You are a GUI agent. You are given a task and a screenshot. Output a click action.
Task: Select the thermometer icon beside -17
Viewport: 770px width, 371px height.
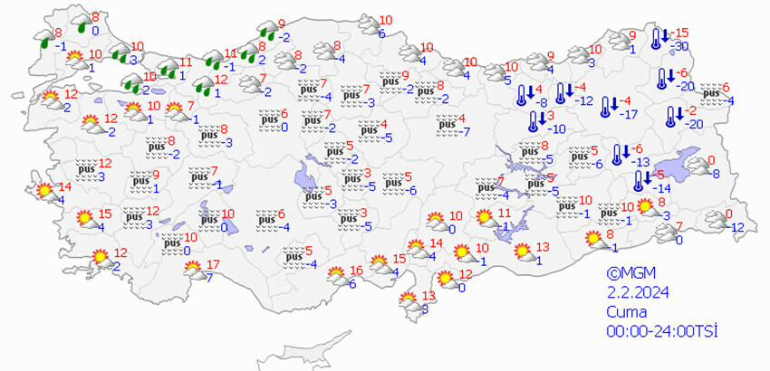pos(606,106)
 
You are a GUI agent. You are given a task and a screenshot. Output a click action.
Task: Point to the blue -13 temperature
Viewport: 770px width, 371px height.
pos(640,161)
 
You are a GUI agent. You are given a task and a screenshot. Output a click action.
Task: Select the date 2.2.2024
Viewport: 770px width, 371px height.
pos(636,291)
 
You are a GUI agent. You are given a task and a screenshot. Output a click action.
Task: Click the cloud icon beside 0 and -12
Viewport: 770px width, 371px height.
pos(713,221)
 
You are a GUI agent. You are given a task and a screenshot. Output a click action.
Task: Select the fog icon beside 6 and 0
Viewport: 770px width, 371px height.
pos(267,120)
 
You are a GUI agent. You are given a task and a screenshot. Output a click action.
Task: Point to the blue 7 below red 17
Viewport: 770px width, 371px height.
pos(209,277)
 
